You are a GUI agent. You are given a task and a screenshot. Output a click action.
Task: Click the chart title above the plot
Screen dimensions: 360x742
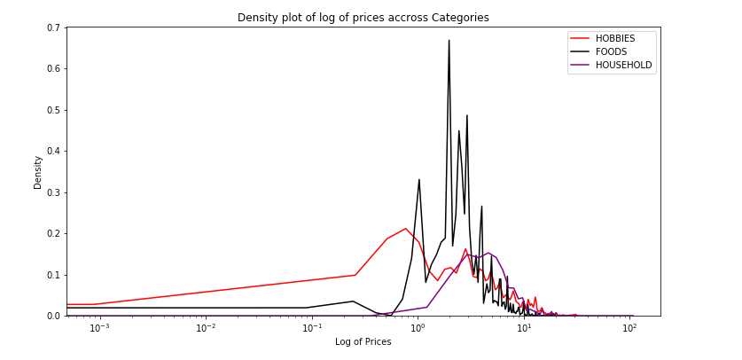363,18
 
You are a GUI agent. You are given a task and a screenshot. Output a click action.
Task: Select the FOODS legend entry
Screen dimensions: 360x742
611,51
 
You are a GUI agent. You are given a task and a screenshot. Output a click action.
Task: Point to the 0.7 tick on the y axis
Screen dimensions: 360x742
52,28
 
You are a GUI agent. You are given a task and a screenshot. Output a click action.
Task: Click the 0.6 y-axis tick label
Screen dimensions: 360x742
52,69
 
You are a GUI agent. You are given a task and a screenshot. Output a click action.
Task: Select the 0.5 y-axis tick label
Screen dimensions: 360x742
52,111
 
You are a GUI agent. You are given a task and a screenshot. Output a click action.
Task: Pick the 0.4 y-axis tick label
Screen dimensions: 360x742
52,152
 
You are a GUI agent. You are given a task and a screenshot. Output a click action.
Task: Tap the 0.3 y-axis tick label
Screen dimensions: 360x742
52,192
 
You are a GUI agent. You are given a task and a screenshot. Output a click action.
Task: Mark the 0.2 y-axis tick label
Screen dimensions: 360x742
52,234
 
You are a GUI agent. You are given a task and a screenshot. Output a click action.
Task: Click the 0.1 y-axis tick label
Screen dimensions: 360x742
52,275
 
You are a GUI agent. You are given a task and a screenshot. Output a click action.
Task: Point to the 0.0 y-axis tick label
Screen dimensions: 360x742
52,316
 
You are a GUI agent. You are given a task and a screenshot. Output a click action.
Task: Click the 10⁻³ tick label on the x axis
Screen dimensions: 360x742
99,329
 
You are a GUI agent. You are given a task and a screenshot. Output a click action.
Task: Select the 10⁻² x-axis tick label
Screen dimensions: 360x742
206,329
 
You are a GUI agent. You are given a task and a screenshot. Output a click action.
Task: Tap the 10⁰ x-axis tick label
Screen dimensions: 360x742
418,329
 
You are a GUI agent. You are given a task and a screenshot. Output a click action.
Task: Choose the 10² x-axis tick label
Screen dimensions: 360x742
629,329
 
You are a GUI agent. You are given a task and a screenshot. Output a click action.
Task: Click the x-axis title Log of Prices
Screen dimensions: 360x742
363,342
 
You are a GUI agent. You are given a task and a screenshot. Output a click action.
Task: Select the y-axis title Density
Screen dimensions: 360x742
37,172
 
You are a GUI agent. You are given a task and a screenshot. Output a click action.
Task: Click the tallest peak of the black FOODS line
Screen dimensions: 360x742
449,41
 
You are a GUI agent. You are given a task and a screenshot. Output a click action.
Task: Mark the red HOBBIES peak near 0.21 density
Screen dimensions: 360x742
406,229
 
